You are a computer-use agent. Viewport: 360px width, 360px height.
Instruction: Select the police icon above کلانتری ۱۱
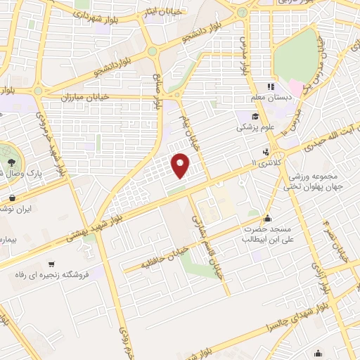pos(266,151)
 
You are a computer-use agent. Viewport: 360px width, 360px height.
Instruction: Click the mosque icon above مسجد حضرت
pos(266,218)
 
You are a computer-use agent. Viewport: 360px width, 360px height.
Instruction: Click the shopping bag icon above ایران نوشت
pos(14,198)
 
